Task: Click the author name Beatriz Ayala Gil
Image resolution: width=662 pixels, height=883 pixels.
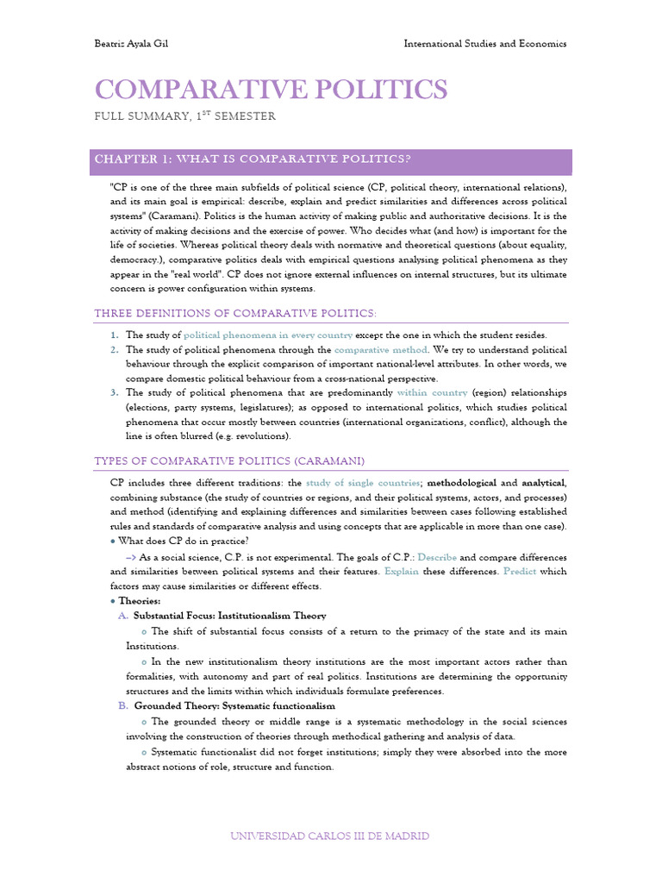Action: pyautogui.click(x=130, y=44)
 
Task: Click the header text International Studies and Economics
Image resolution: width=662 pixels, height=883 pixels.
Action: pyautogui.click(x=485, y=44)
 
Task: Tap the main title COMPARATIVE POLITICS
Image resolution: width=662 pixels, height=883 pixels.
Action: pyautogui.click(x=271, y=89)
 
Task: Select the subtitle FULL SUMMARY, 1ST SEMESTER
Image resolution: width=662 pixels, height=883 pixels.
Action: pyautogui.click(x=184, y=116)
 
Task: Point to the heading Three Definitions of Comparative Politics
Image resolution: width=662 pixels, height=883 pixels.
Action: pyautogui.click(x=235, y=312)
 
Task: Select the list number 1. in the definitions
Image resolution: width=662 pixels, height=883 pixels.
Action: pyautogui.click(x=115, y=335)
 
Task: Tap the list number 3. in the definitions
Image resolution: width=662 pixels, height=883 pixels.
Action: pyautogui.click(x=115, y=392)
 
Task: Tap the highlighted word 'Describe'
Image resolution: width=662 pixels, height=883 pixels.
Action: pyautogui.click(x=437, y=556)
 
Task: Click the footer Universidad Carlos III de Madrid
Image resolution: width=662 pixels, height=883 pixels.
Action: pyautogui.click(x=331, y=836)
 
